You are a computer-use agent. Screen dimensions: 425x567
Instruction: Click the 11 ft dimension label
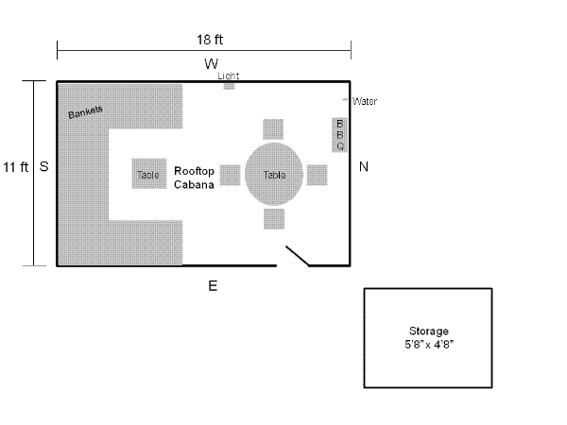(x=15, y=167)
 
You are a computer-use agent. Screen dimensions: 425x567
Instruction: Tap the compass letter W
(x=211, y=63)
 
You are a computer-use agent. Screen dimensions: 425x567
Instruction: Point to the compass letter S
(x=43, y=166)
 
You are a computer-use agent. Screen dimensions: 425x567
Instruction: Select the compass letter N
(x=364, y=167)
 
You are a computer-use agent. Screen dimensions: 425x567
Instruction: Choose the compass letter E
(x=213, y=285)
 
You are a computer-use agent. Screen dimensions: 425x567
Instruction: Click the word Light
(x=228, y=75)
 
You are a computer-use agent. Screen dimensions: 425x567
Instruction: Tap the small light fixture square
(x=229, y=86)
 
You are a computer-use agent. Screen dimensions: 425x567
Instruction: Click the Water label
(x=364, y=101)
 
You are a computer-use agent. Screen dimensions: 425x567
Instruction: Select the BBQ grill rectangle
(x=340, y=134)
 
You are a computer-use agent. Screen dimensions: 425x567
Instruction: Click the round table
(x=274, y=175)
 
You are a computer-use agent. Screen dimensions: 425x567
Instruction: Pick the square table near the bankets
(x=148, y=175)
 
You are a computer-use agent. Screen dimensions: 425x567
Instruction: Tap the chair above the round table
(x=274, y=129)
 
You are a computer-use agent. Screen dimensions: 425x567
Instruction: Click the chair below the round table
(x=274, y=219)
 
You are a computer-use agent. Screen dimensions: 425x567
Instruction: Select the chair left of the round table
(x=230, y=175)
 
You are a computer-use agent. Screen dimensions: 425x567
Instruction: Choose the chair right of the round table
(x=318, y=175)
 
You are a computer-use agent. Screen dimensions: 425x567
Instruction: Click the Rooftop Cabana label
(x=194, y=178)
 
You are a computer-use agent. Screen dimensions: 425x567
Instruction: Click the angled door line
(x=298, y=257)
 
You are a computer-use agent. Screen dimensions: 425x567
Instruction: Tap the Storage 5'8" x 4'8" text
(x=429, y=338)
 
